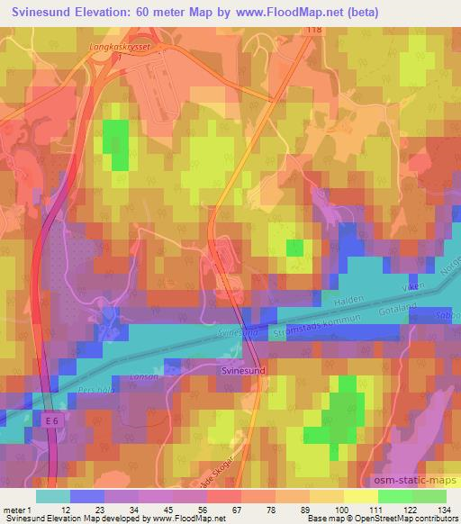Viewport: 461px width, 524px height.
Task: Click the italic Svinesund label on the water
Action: coord(238,334)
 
